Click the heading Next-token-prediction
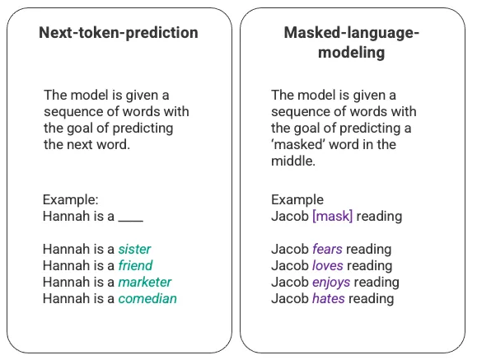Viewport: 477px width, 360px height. point(119,33)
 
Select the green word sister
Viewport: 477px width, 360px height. point(134,249)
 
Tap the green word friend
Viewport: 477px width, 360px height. point(135,265)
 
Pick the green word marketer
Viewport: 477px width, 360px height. point(144,282)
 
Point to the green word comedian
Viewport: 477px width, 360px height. point(147,298)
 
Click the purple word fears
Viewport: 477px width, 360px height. point(327,249)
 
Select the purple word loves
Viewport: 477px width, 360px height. point(328,265)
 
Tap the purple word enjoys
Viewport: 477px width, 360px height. point(331,282)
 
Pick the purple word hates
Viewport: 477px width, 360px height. point(328,298)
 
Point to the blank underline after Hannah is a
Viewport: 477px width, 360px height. point(131,219)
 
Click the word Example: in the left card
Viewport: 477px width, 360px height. point(70,200)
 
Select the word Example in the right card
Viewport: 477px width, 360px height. point(297,200)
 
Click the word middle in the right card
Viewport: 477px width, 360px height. point(292,161)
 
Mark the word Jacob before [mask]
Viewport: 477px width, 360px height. point(289,216)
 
